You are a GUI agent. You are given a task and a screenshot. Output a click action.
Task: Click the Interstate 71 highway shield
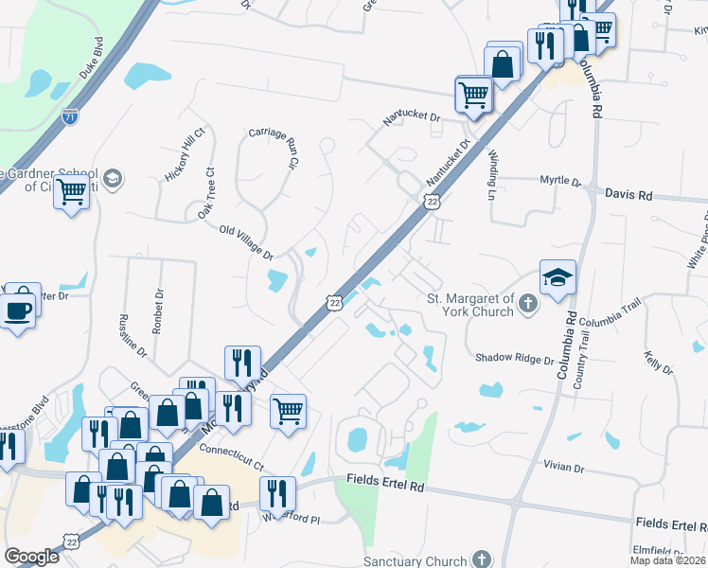pos(69,116)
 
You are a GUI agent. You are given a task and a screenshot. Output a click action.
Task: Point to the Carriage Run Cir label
pos(274,147)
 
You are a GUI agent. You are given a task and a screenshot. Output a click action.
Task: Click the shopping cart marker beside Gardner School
pos(72,192)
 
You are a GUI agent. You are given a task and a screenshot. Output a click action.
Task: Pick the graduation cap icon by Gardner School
pos(112,179)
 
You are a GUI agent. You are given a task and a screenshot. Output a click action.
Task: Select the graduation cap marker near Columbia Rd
pos(558,277)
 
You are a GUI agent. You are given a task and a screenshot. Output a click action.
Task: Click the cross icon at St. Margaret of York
pos(528,304)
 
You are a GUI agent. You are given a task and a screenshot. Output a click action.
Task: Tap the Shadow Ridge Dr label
pos(514,359)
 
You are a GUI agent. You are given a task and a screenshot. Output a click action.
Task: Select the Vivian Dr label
pos(565,467)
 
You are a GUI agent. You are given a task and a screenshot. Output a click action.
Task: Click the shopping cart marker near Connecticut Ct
pos(288,411)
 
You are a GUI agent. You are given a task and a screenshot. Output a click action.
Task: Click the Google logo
pos(31,557)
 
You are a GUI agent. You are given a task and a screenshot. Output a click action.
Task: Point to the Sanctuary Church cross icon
pos(482,560)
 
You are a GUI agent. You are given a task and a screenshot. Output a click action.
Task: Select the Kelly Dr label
pos(656,363)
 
